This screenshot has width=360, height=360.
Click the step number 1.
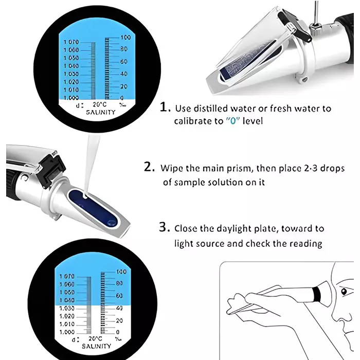[164, 108]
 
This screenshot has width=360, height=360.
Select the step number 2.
[148, 168]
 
